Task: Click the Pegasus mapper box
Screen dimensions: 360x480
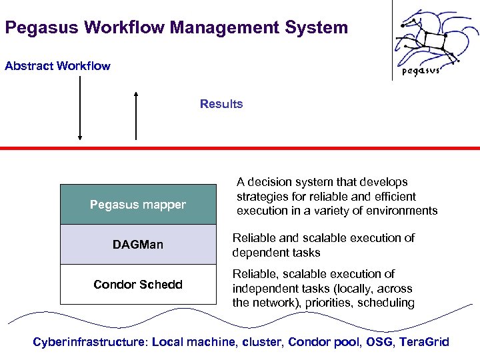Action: click(138, 205)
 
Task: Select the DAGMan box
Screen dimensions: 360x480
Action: click(138, 245)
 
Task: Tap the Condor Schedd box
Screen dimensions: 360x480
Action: click(138, 285)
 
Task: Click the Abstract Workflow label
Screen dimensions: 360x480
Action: click(57, 66)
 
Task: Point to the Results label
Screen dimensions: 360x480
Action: click(221, 104)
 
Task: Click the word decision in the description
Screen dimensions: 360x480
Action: click(271, 182)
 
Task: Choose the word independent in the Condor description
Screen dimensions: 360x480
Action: click(264, 289)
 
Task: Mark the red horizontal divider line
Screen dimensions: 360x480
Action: click(240, 147)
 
